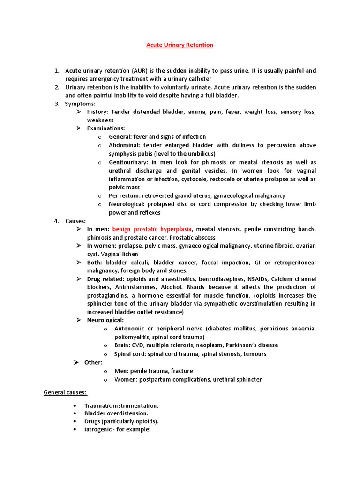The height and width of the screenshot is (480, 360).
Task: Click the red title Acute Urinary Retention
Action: [180, 45]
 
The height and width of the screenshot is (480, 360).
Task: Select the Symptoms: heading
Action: [80, 104]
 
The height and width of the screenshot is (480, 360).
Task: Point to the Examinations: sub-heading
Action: [106, 128]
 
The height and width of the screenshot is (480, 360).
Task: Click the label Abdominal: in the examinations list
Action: [123, 145]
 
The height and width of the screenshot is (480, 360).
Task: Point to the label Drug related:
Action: [106, 279]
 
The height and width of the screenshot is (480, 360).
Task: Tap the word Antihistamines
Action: [133, 287]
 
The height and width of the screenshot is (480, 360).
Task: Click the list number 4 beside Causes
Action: [56, 221]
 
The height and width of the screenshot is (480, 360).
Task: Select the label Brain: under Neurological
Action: [123, 345]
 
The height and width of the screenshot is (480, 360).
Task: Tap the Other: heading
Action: [93, 362]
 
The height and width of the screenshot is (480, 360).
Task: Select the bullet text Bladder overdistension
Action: [116, 413]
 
